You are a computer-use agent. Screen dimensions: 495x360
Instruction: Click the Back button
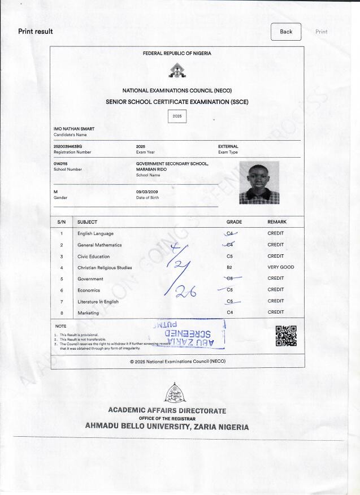(286, 32)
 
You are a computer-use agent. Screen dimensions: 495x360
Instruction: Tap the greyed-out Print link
(321, 32)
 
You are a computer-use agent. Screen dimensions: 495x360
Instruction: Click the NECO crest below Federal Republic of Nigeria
(177, 71)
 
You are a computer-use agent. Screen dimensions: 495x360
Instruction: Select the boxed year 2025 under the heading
(177, 116)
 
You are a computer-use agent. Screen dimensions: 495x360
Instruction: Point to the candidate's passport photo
(259, 182)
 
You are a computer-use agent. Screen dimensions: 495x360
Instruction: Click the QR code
(286, 336)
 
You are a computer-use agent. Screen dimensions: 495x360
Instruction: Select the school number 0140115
(60, 164)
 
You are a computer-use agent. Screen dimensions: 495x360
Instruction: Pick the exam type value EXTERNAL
(228, 146)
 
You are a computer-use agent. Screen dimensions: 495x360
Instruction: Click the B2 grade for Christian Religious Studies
(229, 267)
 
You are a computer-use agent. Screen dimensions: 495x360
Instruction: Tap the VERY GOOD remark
(281, 267)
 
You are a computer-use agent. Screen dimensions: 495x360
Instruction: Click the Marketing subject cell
(88, 312)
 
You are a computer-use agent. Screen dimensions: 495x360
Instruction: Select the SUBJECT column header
(87, 222)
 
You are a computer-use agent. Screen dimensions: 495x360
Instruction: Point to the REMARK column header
(277, 222)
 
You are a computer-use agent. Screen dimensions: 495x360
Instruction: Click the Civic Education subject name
(94, 256)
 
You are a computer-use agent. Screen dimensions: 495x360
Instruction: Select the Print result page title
(36, 32)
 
